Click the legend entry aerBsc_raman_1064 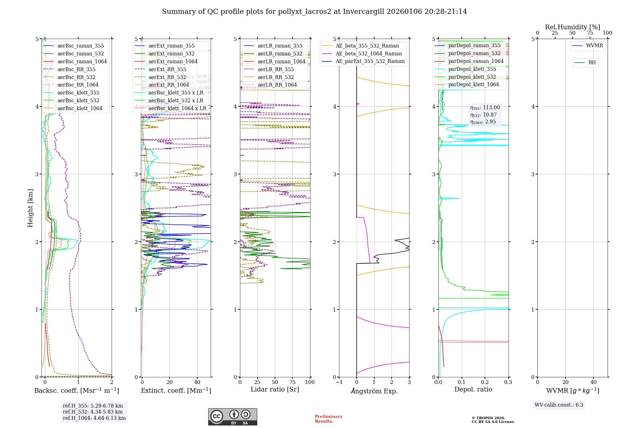(82, 61)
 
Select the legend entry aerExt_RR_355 (167, 69)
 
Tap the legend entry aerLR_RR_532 (276, 77)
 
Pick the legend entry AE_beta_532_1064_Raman (369, 53)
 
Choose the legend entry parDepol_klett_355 (472, 69)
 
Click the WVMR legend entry (594, 46)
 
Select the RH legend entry (592, 63)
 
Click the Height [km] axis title (30, 208)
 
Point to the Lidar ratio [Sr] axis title (275, 389)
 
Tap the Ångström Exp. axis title (374, 391)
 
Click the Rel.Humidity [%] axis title (572, 27)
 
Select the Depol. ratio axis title (473, 389)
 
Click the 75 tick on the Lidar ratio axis (292, 382)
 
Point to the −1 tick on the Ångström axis (339, 382)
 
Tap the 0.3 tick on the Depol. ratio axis (508, 382)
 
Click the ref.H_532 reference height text (93, 412)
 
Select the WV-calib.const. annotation (559, 405)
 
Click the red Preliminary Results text (328, 419)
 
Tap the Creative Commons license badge (232, 417)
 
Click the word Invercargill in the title (363, 12)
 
